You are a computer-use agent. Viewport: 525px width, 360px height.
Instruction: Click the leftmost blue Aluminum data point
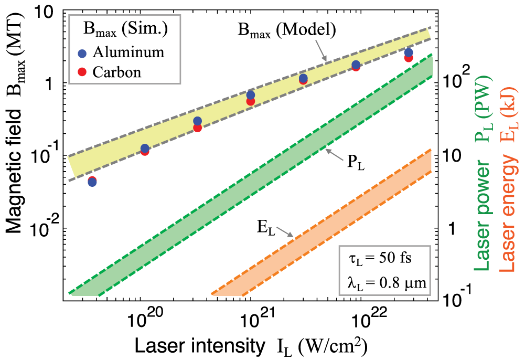[x=92, y=182]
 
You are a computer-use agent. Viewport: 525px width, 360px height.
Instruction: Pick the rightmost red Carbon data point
[x=409, y=58]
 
